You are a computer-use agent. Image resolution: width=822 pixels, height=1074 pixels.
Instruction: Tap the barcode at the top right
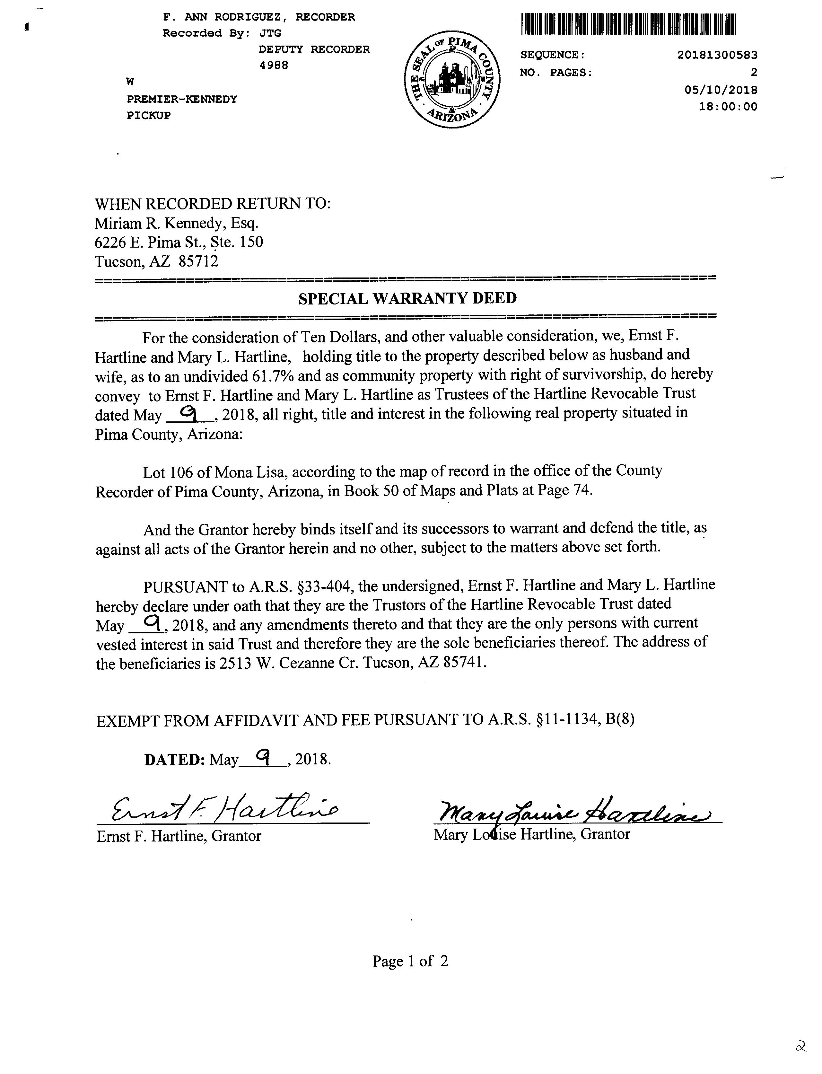628,24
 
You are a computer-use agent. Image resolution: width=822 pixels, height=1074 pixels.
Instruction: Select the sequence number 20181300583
717,55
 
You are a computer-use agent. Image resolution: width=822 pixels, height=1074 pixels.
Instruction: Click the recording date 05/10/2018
721,90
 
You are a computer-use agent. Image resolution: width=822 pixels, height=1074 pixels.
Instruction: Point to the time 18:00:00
728,107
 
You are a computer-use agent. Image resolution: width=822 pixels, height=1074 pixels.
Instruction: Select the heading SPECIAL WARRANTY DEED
407,298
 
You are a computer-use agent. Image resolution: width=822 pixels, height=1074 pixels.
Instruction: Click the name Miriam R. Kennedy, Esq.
176,224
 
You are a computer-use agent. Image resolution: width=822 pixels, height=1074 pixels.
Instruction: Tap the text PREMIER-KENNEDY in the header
182,99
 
